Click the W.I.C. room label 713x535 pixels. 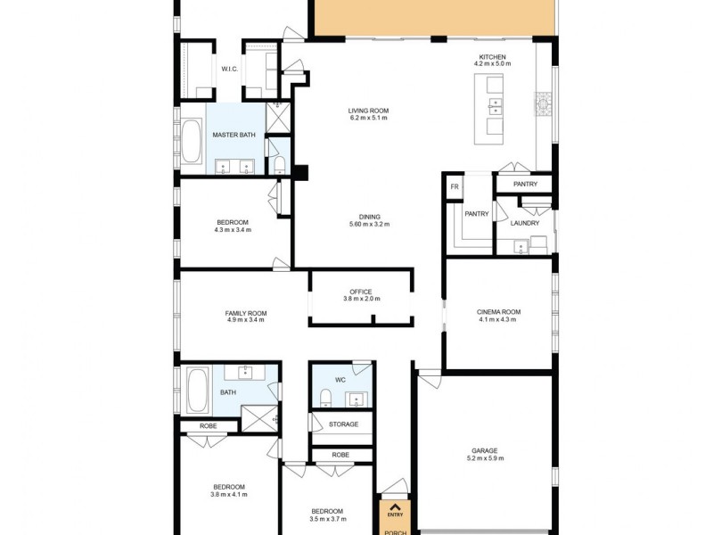point(229,69)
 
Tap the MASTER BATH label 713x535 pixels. point(234,135)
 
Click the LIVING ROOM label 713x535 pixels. point(368,111)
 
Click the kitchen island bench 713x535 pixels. point(491,108)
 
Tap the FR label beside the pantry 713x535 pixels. point(454,186)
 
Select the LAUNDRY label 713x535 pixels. point(525,223)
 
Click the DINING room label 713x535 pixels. point(369,216)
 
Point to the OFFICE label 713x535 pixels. point(360,292)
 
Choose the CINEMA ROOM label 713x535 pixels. point(498,312)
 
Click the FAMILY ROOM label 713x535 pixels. point(245,313)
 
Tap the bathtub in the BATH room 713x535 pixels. point(197,391)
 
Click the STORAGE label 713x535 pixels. point(343,424)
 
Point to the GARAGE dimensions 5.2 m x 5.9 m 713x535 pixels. point(485,458)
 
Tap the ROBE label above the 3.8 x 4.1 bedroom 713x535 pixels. point(208,426)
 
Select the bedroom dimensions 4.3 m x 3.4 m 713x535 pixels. point(233,230)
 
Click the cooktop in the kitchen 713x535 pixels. point(542,105)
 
